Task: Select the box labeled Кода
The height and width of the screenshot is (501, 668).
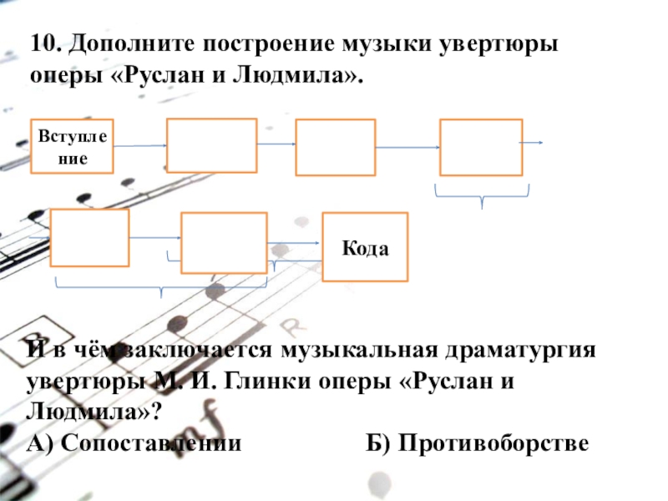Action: pos(366,246)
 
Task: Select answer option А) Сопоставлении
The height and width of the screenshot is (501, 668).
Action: pos(134,443)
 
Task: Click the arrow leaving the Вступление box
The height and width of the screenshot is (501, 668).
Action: pos(140,146)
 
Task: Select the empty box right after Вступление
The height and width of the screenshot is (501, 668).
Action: pos(212,146)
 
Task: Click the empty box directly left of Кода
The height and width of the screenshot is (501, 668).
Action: pos(224,242)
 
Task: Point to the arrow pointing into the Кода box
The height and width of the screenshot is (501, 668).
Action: pos(297,242)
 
